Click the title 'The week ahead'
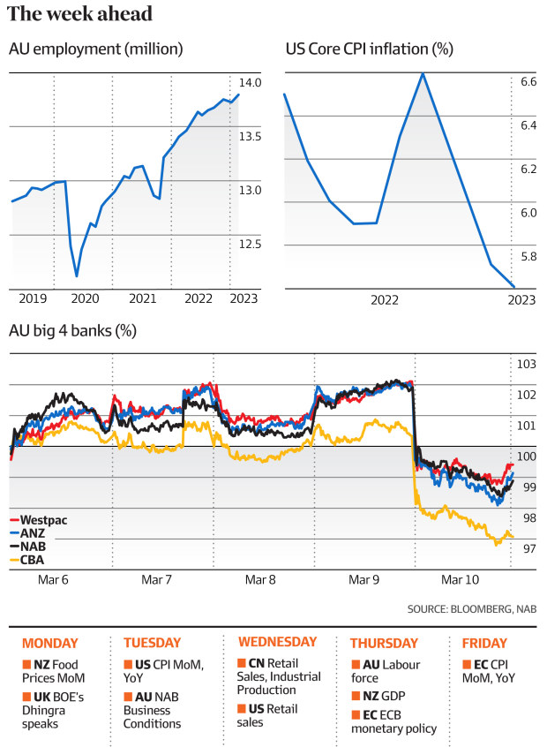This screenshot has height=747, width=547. pyautogui.click(x=80, y=14)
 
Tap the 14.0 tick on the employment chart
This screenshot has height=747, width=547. pyautogui.click(x=251, y=83)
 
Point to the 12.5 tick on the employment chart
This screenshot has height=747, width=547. pyautogui.click(x=251, y=244)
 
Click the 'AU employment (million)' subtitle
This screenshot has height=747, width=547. pyautogui.click(x=95, y=49)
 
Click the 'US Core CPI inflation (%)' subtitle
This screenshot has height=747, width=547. pyautogui.click(x=369, y=49)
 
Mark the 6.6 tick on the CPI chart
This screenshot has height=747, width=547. pyautogui.click(x=528, y=82)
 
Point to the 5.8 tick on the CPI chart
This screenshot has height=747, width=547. pyautogui.click(x=528, y=256)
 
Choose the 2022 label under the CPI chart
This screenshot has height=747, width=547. pyautogui.click(x=385, y=300)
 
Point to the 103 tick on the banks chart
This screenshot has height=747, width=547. pyautogui.click(x=526, y=364)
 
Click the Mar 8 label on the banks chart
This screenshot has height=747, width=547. pyautogui.click(x=259, y=580)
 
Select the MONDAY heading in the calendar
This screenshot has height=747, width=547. pyautogui.click(x=49, y=643)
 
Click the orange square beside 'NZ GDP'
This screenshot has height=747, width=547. pyautogui.click(x=355, y=696)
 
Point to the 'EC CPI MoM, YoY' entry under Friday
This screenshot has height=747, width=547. pyautogui.click(x=488, y=670)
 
